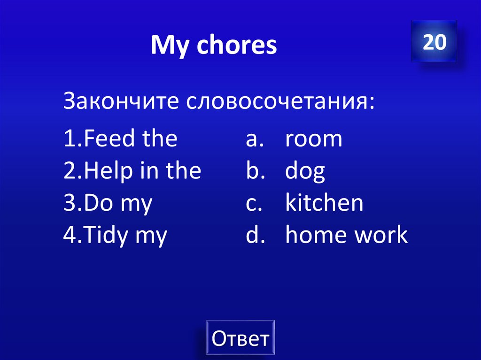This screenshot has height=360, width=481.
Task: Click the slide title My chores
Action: coord(214,45)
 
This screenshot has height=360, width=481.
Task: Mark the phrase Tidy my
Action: coord(122,236)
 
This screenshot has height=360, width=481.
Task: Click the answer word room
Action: coord(314,139)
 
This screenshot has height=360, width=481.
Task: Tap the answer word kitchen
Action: coord(324,204)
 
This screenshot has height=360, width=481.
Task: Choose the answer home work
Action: coord(346,235)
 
